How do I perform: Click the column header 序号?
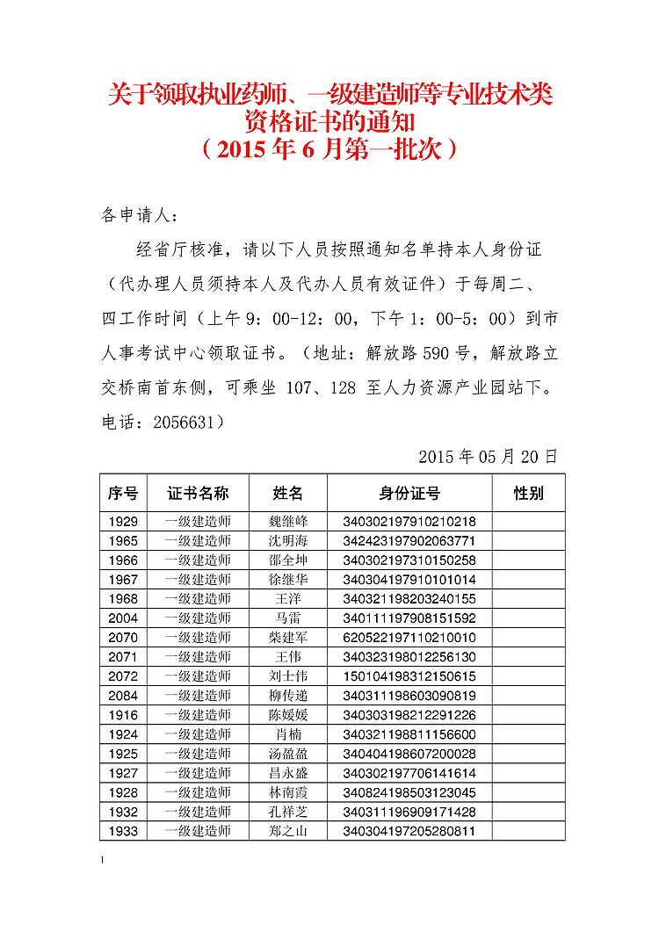(123, 493)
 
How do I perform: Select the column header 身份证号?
(409, 493)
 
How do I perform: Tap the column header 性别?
(528, 493)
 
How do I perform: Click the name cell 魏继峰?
(288, 522)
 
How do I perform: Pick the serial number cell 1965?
(123, 541)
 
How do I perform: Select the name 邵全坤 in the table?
(288, 560)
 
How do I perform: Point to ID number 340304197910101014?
(409, 580)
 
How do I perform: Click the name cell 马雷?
(288, 618)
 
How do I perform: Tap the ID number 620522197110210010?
(409, 638)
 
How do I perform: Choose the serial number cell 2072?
(123, 676)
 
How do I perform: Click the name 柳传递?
(288, 696)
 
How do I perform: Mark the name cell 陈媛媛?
(288, 715)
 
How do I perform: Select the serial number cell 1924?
(123, 734)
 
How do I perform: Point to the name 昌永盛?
(288, 773)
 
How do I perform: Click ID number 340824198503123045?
(409, 792)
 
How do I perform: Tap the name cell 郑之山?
(288, 831)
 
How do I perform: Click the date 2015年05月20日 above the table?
(488, 457)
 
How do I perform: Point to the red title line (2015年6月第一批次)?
(329, 149)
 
